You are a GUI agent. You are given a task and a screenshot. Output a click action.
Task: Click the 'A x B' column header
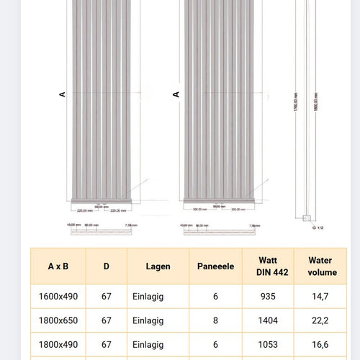(58, 266)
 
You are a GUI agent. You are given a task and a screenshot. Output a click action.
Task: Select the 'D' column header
(106, 266)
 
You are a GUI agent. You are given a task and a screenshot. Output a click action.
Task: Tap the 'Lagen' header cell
(158, 266)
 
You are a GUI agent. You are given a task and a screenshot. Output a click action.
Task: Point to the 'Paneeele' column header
(215, 266)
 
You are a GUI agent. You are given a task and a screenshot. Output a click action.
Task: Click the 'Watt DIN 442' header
(268, 266)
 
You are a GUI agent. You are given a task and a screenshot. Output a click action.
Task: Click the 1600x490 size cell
(58, 296)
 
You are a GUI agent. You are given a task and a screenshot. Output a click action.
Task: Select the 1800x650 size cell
(58, 320)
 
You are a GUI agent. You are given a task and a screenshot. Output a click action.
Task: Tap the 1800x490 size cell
(58, 345)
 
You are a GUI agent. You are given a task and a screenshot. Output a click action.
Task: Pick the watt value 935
(268, 296)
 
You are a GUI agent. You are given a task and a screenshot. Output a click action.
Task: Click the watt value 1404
(268, 320)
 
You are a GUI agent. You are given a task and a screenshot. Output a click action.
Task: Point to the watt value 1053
(268, 345)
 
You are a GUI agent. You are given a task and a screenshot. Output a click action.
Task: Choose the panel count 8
(215, 320)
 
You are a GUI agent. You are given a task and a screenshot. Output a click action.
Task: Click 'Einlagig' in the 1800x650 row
(148, 320)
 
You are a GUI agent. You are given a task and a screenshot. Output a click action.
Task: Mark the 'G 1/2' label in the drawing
(318, 227)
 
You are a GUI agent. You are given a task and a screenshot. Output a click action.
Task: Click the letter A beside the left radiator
(63, 94)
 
